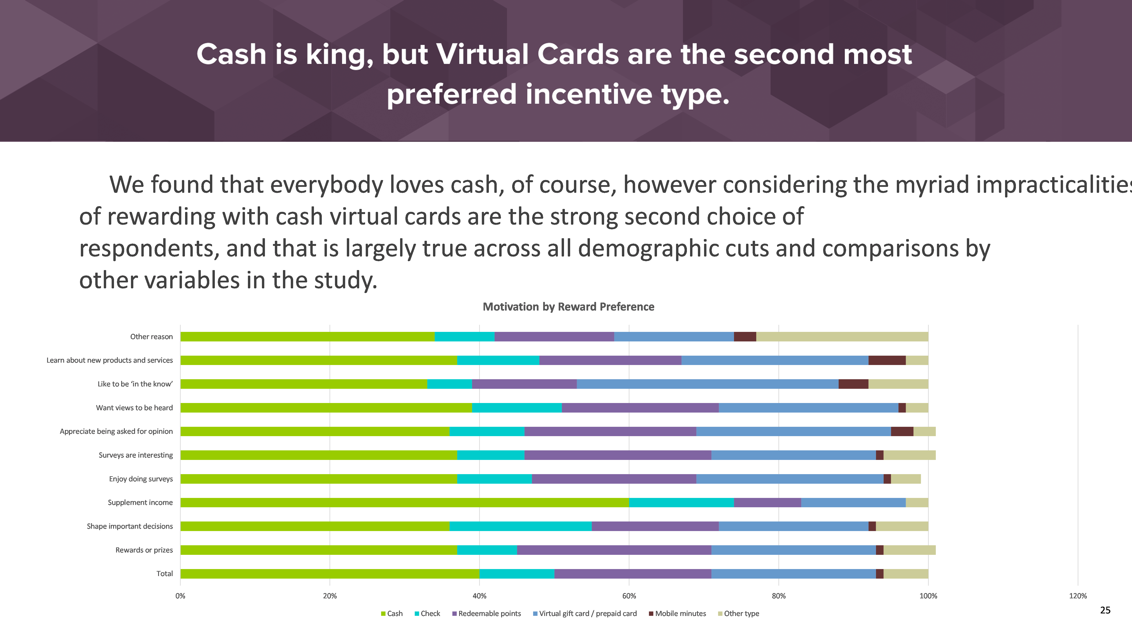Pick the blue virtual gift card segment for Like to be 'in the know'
point(707,384)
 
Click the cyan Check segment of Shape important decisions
point(521,526)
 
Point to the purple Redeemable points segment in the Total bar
point(633,574)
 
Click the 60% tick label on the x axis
point(629,596)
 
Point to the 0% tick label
point(180,596)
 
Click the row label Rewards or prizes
point(144,550)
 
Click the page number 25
point(1105,610)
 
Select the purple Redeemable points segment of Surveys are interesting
point(618,455)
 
